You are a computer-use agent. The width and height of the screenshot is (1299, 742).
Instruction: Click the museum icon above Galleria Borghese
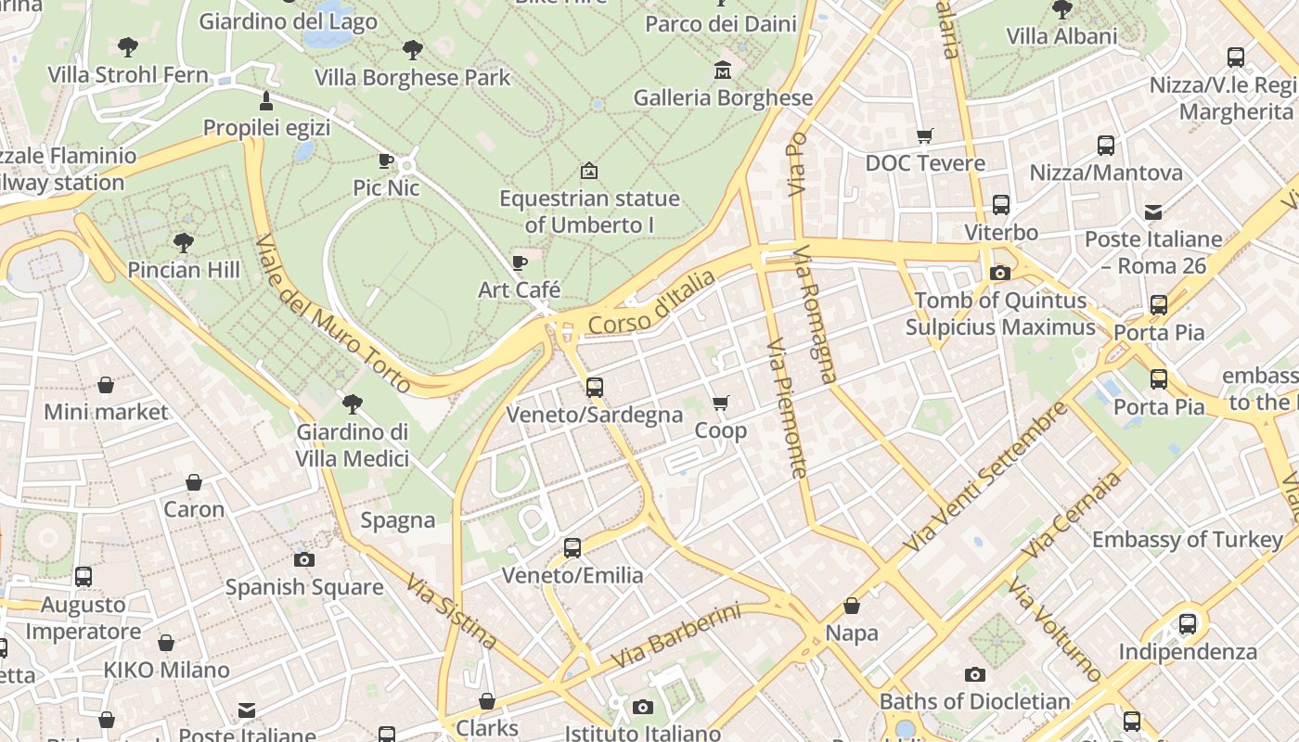point(722,70)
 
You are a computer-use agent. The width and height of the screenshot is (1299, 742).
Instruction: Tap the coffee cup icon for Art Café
point(520,262)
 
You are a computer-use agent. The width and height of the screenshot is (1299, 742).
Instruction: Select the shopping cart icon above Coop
point(721,403)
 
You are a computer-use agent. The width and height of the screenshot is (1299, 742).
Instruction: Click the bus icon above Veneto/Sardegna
point(595,387)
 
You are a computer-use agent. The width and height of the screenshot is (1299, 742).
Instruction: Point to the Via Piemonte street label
point(787,408)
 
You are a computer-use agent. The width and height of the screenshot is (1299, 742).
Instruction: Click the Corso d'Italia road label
point(651,302)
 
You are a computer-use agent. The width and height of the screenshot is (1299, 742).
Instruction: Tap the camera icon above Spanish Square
point(304,559)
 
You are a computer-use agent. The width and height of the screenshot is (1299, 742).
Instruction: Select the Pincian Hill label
point(184,270)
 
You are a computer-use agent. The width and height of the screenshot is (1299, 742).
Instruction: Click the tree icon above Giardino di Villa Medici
point(352,403)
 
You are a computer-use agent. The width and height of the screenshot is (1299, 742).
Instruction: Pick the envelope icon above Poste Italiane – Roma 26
point(1153,211)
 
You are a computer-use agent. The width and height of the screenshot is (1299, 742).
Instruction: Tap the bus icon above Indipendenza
point(1188,623)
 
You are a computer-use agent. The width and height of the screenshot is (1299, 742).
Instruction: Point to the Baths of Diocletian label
point(974,701)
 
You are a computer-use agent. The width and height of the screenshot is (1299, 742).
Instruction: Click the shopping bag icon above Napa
point(852,606)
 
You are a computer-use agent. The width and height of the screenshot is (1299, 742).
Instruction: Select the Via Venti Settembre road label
point(990,478)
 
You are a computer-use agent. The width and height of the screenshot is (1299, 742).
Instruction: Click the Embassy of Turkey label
point(1188,540)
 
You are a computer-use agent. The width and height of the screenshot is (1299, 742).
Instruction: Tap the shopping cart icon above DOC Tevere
point(925,136)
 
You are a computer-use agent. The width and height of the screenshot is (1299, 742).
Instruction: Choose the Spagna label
point(398,520)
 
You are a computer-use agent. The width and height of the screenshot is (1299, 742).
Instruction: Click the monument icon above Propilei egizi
point(266,100)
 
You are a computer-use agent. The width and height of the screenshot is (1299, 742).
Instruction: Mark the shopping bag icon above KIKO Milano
point(166,643)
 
